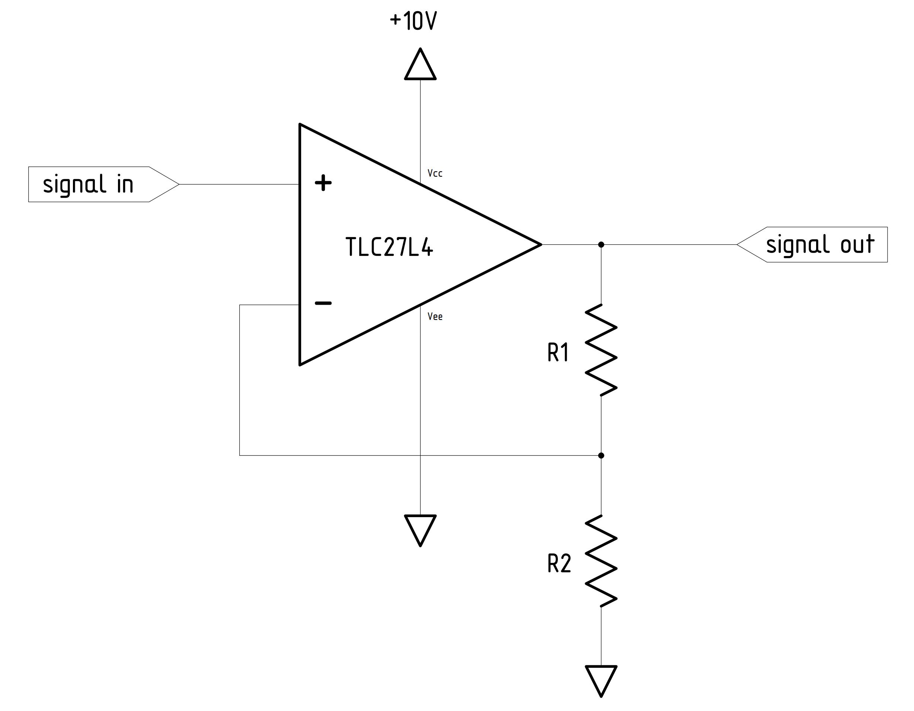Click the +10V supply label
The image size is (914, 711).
point(413,21)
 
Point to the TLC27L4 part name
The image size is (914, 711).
point(389,247)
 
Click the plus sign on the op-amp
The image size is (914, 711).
point(323,183)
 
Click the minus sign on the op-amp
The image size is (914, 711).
point(323,303)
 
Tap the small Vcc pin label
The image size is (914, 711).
point(435,173)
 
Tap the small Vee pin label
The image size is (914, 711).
point(435,317)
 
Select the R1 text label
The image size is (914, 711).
point(558,352)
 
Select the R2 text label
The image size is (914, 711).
point(559,564)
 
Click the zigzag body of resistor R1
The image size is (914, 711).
point(601,350)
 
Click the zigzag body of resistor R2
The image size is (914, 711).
point(601,561)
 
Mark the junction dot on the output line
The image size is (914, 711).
point(601,244)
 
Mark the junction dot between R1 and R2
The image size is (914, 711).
point(601,455)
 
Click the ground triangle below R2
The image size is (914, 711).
point(601,678)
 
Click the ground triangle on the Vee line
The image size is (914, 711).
point(420,528)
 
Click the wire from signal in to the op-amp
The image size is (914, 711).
point(239,184)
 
